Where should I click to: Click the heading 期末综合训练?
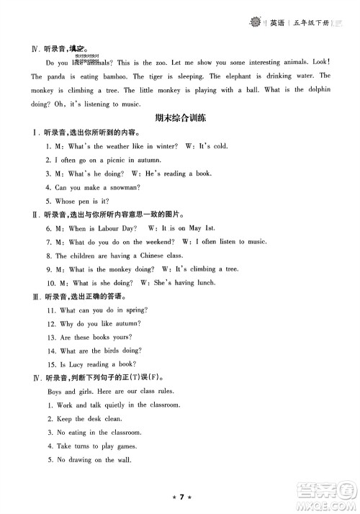179,117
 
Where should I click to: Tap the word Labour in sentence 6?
108,228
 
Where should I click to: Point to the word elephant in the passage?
247,76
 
